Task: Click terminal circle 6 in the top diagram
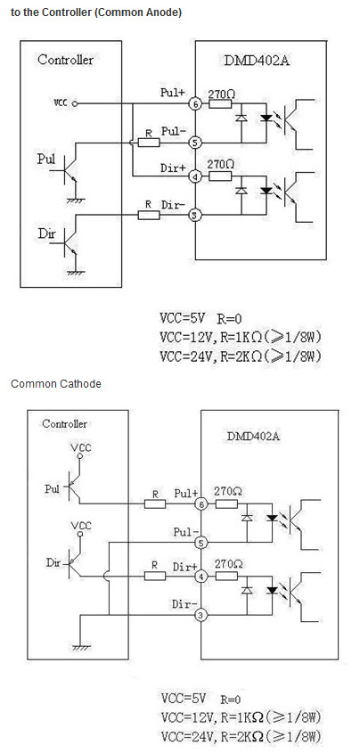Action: [195, 103]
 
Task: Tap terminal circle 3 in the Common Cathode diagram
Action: [201, 615]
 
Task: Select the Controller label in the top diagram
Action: [65, 60]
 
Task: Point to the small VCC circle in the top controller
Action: [75, 103]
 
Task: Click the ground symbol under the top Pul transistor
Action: [76, 200]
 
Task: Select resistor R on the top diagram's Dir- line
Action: [149, 215]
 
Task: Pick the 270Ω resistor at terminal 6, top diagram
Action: [220, 103]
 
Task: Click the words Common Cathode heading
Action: [55, 384]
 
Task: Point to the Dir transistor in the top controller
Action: [70, 243]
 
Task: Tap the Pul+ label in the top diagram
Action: [172, 93]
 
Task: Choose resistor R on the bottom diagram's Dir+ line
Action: [155, 577]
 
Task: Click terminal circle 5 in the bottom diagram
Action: [201, 543]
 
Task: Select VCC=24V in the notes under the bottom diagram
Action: [188, 736]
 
